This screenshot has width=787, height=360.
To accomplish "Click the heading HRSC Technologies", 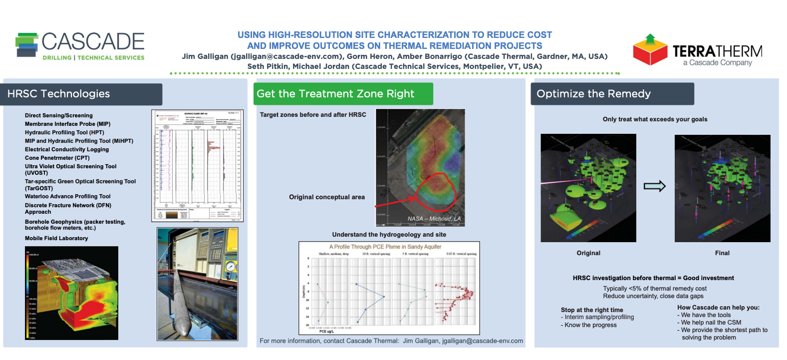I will tap(58, 94).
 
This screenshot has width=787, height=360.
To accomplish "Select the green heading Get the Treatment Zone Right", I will tap(335, 94).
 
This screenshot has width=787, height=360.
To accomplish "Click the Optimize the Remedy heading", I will tap(593, 94).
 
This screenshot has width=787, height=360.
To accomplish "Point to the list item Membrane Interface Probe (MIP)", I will tap(67, 124).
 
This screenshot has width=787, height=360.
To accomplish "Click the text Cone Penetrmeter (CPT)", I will tap(57, 158).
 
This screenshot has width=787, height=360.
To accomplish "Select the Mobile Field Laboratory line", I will tap(56, 238).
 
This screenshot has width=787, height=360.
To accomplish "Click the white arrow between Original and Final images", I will tap(655, 186).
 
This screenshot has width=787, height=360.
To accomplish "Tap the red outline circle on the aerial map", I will tap(436, 191).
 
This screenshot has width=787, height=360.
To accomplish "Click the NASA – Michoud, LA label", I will tap(434, 219).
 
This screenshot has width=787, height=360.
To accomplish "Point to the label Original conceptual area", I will tap(327, 197).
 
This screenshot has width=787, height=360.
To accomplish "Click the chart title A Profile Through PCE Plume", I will tap(385, 247).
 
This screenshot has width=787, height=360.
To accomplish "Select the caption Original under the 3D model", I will tap(588, 253).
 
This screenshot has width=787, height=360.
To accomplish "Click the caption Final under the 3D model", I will tap(722, 253).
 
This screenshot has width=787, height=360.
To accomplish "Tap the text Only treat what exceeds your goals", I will tap(655, 119).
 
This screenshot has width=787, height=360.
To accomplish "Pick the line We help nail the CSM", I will tap(711, 323).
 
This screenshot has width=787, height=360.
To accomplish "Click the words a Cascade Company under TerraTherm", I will tap(717, 63).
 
